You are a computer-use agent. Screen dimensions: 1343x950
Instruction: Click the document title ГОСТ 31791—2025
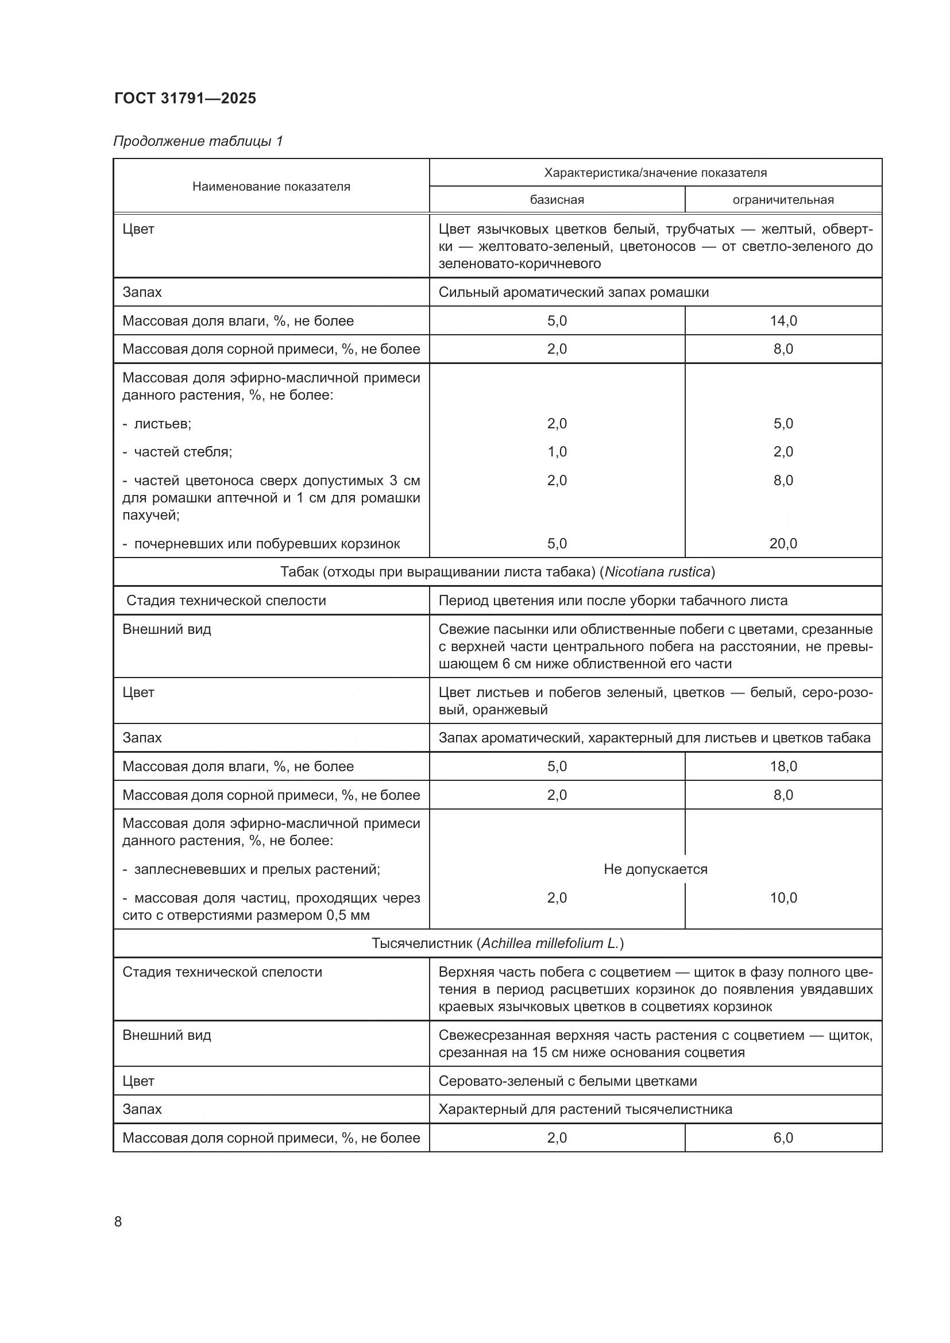tap(185, 98)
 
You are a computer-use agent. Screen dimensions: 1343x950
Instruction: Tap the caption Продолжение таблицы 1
tap(198, 141)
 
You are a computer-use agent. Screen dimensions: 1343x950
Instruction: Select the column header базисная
tap(557, 200)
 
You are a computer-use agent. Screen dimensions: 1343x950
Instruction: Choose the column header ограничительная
tap(783, 200)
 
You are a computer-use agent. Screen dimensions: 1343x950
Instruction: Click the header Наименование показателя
tap(271, 187)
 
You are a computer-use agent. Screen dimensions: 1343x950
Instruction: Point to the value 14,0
tap(783, 320)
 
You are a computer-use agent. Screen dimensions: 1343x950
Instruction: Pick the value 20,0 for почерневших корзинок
tap(783, 543)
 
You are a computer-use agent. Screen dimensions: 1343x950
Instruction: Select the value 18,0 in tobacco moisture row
tap(783, 767)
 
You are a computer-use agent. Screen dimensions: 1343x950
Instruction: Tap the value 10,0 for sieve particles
tap(783, 898)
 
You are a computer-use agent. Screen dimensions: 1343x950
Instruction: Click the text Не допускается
tap(655, 869)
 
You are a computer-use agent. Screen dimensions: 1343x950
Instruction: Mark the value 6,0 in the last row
tap(783, 1137)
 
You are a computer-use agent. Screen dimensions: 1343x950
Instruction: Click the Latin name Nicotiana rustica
tap(657, 572)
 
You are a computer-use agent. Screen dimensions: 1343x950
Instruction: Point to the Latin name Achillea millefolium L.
tap(550, 943)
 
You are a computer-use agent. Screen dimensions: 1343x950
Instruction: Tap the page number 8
tap(118, 1222)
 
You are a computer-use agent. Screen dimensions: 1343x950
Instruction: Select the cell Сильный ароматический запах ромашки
tap(573, 292)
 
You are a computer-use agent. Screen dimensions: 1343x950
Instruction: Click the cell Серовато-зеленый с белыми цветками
tap(567, 1081)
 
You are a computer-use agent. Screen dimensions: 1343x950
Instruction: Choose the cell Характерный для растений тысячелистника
tap(585, 1109)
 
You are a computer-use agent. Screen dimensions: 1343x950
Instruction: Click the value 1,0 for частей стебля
tap(557, 451)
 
